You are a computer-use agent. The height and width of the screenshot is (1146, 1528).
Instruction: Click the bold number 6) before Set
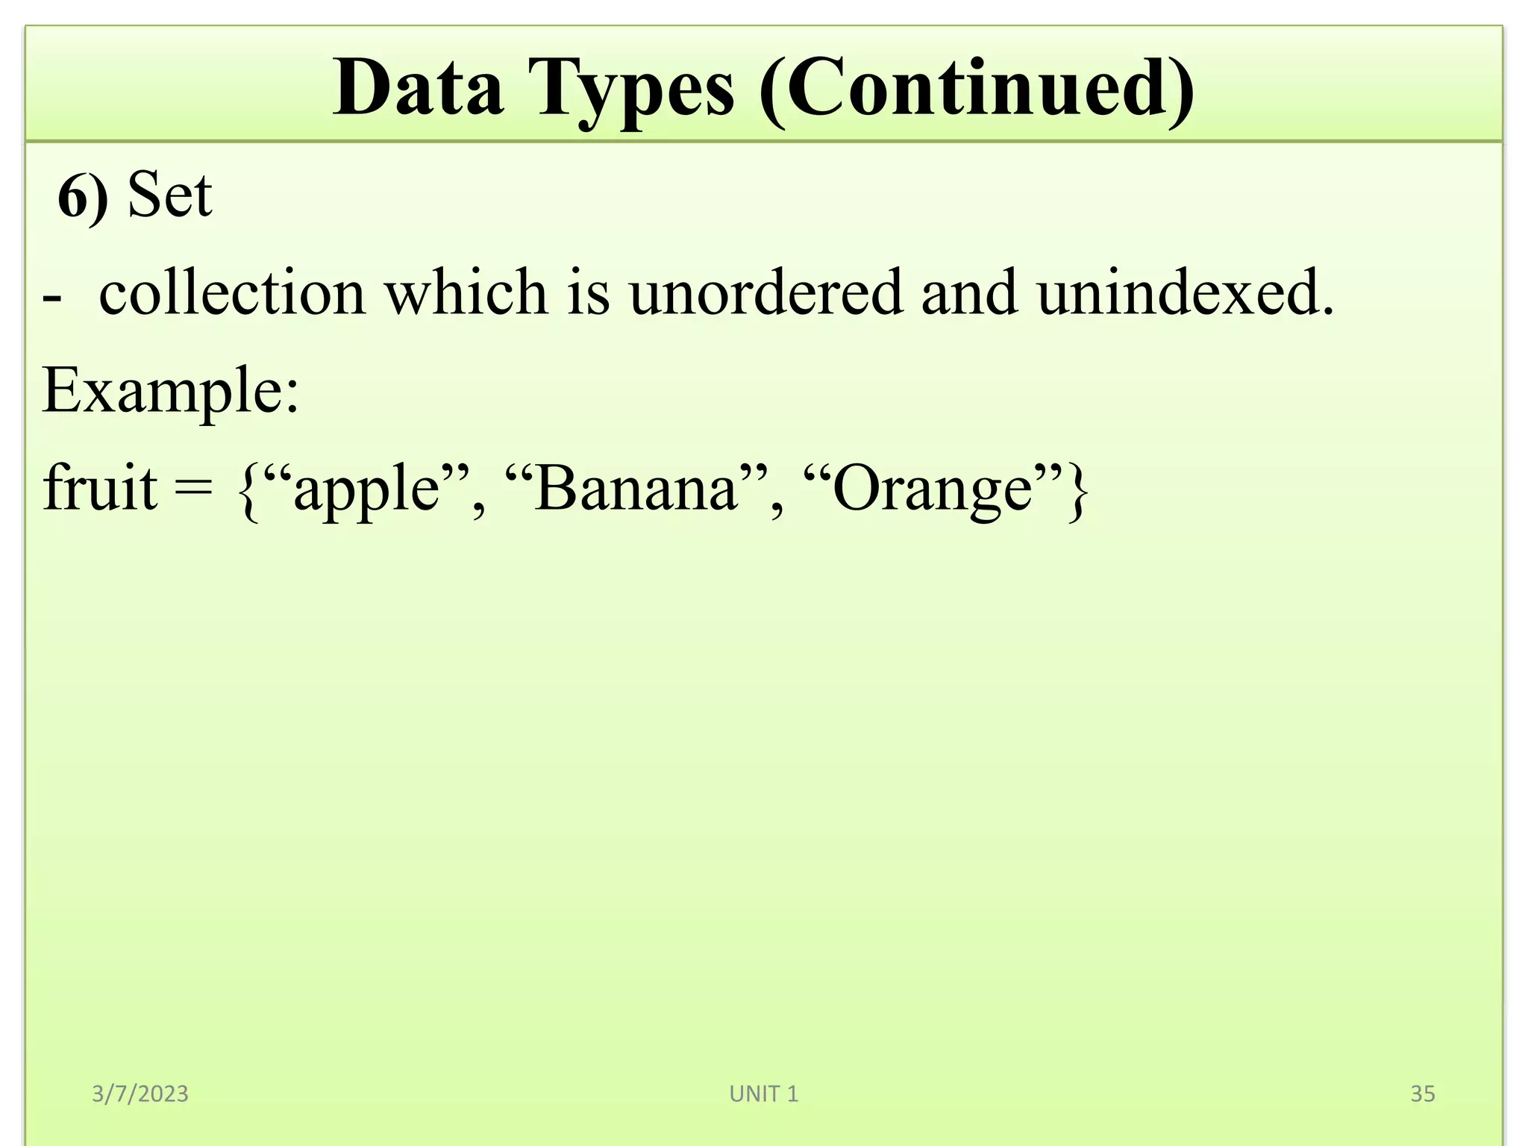pos(83,196)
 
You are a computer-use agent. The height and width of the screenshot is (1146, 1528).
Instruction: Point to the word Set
pos(170,195)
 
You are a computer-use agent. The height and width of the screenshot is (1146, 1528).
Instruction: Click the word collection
pos(232,292)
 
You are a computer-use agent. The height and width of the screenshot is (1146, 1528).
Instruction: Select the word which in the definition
pos(467,292)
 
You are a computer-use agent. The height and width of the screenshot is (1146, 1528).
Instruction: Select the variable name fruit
pos(100,488)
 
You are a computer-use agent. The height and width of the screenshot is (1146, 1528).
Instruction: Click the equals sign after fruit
pos(194,489)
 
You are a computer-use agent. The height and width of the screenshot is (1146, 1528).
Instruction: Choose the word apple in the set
pos(366,489)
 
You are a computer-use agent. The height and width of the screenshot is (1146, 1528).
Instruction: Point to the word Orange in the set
pos(932,489)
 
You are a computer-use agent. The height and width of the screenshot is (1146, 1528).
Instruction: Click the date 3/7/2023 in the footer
pos(140,1094)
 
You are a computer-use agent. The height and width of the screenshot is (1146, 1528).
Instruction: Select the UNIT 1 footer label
pos(763,1094)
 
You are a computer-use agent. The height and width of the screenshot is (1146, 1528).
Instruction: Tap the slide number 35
pos(1422,1094)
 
